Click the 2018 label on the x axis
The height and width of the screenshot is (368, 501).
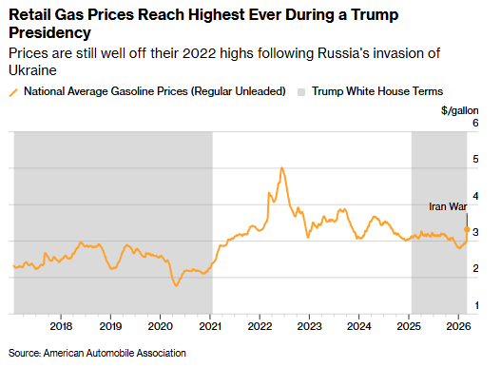tap(61, 326)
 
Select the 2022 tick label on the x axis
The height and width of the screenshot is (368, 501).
tap(260, 326)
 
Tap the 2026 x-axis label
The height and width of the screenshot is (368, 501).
tap(458, 326)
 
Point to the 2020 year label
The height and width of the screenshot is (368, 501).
tap(161, 326)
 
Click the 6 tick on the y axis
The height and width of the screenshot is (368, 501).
tap(475, 123)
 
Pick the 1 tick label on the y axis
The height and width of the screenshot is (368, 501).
tap(476, 305)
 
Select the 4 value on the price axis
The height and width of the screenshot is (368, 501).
tap(475, 196)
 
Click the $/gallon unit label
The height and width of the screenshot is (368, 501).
tap(460, 110)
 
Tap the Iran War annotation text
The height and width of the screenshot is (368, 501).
tap(448, 206)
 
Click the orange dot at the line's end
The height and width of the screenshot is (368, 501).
tap(467, 229)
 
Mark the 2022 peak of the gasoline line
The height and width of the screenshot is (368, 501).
tap(281, 167)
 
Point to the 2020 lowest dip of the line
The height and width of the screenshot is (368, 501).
tap(176, 285)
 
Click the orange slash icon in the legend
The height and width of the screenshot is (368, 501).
tap(13, 92)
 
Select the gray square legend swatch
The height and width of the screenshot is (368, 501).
tap(301, 92)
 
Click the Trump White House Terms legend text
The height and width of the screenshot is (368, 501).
tap(377, 91)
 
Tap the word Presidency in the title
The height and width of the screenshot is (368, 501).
tap(49, 32)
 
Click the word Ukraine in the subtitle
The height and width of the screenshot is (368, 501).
tap(32, 70)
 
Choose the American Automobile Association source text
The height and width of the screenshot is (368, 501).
tap(115, 353)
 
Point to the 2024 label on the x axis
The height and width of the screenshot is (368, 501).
tap(359, 326)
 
